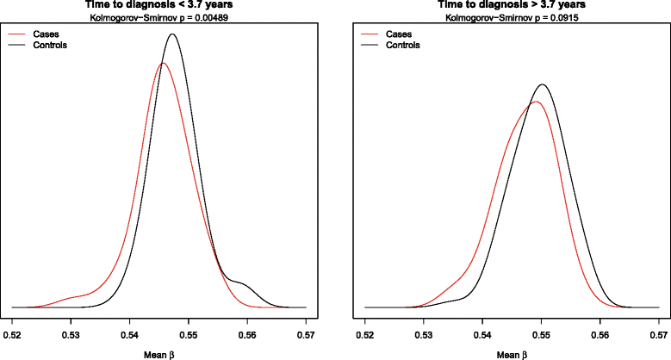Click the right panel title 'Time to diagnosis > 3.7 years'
(x=512, y=4)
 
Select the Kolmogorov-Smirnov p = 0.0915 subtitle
(x=512, y=16)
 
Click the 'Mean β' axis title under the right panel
(x=512, y=353)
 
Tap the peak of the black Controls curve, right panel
(x=543, y=84)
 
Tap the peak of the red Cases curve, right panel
(x=536, y=102)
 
